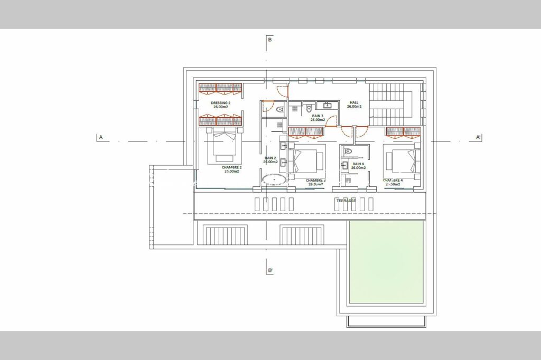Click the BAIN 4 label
click(x=358, y=165)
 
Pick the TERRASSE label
click(x=347, y=201)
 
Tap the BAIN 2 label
click(x=270, y=159)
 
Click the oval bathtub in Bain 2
click(x=274, y=179)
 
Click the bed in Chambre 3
click(x=305, y=161)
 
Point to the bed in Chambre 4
click(x=403, y=160)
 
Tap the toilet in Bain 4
click(x=347, y=151)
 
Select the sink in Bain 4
click(x=344, y=166)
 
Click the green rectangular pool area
click(x=386, y=262)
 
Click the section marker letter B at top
click(x=269, y=40)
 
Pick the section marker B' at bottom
click(x=270, y=270)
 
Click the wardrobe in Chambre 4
click(x=403, y=131)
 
